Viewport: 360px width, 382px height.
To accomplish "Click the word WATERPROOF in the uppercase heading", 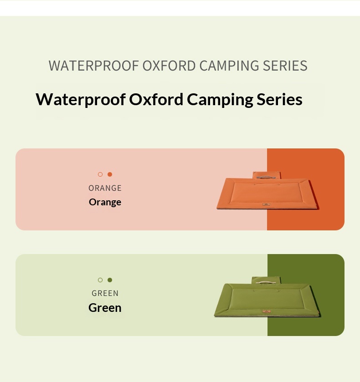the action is point(94,66).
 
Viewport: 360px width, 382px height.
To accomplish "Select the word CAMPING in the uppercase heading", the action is point(229,66).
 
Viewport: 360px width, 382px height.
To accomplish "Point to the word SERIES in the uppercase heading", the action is point(285,66).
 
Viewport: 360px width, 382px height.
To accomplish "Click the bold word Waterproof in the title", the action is point(81,100).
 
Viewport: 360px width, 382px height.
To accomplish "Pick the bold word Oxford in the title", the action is point(156,99).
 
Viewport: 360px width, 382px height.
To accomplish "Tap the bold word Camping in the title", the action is point(220,100).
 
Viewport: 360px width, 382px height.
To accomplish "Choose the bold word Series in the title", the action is point(279,99).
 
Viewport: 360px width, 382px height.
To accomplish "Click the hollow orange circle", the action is point(100,174).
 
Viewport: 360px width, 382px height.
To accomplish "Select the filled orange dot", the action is point(110,174).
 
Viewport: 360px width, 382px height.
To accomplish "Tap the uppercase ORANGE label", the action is point(105,188).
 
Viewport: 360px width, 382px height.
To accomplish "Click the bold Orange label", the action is point(105,202).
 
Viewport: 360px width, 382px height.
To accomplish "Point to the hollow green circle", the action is point(100,280).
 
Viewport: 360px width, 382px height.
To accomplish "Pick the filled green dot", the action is point(110,280).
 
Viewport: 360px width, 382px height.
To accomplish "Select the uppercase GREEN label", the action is point(105,293).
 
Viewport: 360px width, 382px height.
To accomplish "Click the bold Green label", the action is point(105,308).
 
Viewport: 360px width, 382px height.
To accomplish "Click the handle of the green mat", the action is point(266,282).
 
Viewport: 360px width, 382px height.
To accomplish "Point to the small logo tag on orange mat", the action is point(266,204).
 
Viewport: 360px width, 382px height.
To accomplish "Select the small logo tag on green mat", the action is point(267,311).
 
